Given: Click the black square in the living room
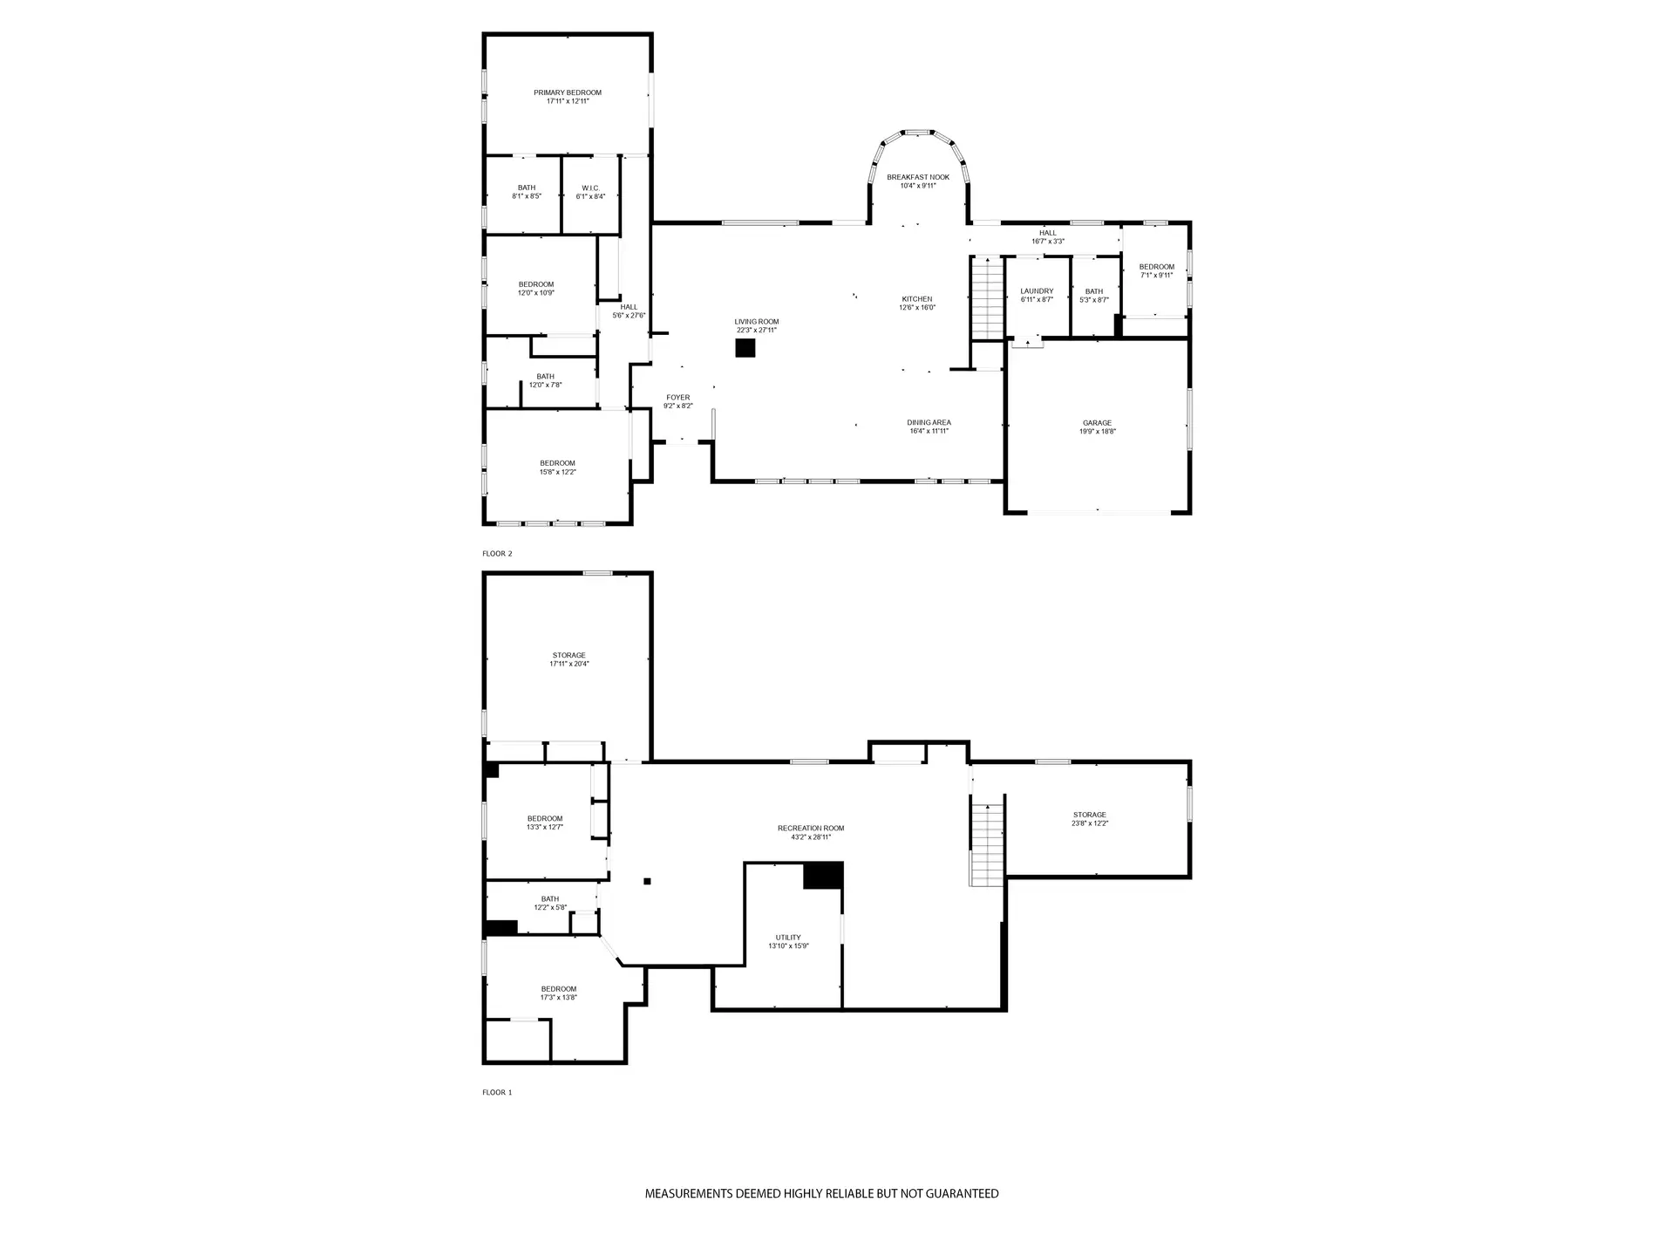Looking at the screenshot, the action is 745,348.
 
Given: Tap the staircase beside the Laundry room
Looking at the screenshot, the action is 988,297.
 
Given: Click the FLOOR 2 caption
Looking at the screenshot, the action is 497,554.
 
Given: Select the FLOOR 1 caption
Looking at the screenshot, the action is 497,1092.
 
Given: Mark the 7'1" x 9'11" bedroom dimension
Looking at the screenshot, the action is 1156,276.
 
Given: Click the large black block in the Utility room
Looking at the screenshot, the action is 823,876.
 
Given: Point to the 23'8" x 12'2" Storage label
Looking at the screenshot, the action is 1090,819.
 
